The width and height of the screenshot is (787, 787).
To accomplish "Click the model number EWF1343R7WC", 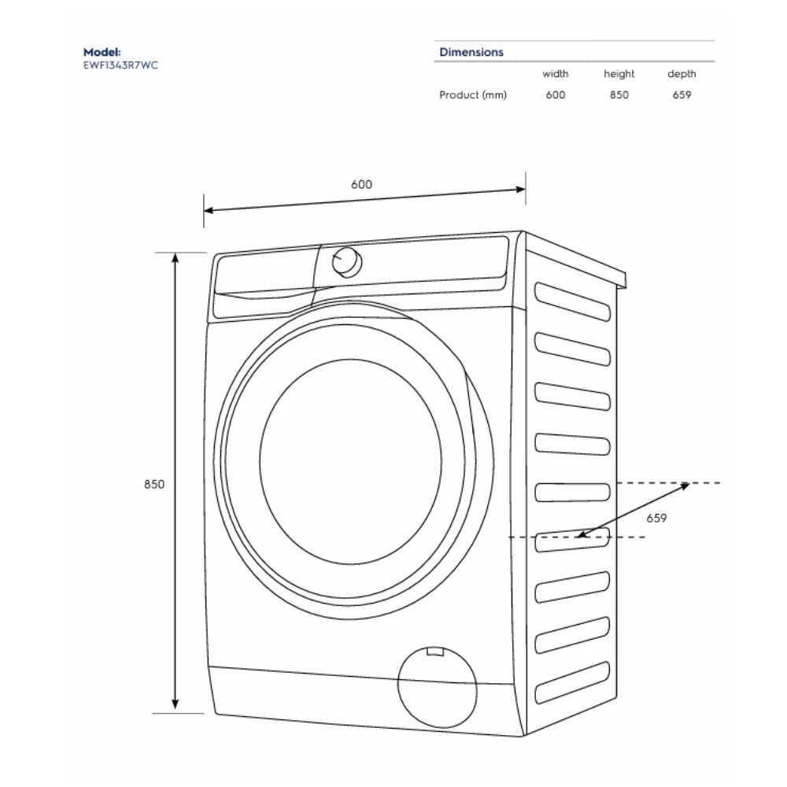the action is point(120,65).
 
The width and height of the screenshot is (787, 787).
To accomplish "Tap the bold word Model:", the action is point(102,52).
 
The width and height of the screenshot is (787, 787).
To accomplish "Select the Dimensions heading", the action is point(471,52).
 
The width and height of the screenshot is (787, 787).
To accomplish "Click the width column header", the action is point(555,74).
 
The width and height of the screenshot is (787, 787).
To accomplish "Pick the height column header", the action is point(619,74).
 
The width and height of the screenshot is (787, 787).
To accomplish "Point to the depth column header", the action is point(682,74).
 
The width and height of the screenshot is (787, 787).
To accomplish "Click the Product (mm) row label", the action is point(473,95).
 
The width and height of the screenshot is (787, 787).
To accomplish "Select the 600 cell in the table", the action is point(555,95).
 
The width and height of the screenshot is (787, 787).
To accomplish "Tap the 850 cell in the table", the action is point(619,95).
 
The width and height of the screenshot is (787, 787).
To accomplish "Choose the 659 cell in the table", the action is point(682,95).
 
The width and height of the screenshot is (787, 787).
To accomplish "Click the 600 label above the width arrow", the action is point(361,185).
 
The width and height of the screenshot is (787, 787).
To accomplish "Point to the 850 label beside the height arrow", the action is point(154,484).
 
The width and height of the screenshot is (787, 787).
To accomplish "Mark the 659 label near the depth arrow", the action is point(656,518).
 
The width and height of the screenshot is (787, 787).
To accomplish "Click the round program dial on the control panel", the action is point(347,262).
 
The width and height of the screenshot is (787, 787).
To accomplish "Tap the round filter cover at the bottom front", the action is point(437,687).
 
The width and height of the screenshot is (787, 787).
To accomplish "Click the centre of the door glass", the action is point(351,462).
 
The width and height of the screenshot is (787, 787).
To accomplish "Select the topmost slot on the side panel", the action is point(572,301).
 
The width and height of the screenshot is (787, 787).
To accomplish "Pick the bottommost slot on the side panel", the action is point(572,682).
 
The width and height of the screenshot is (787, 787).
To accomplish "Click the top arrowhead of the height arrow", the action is point(176,257).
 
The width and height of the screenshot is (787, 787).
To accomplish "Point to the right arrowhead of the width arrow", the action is point(521,190).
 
